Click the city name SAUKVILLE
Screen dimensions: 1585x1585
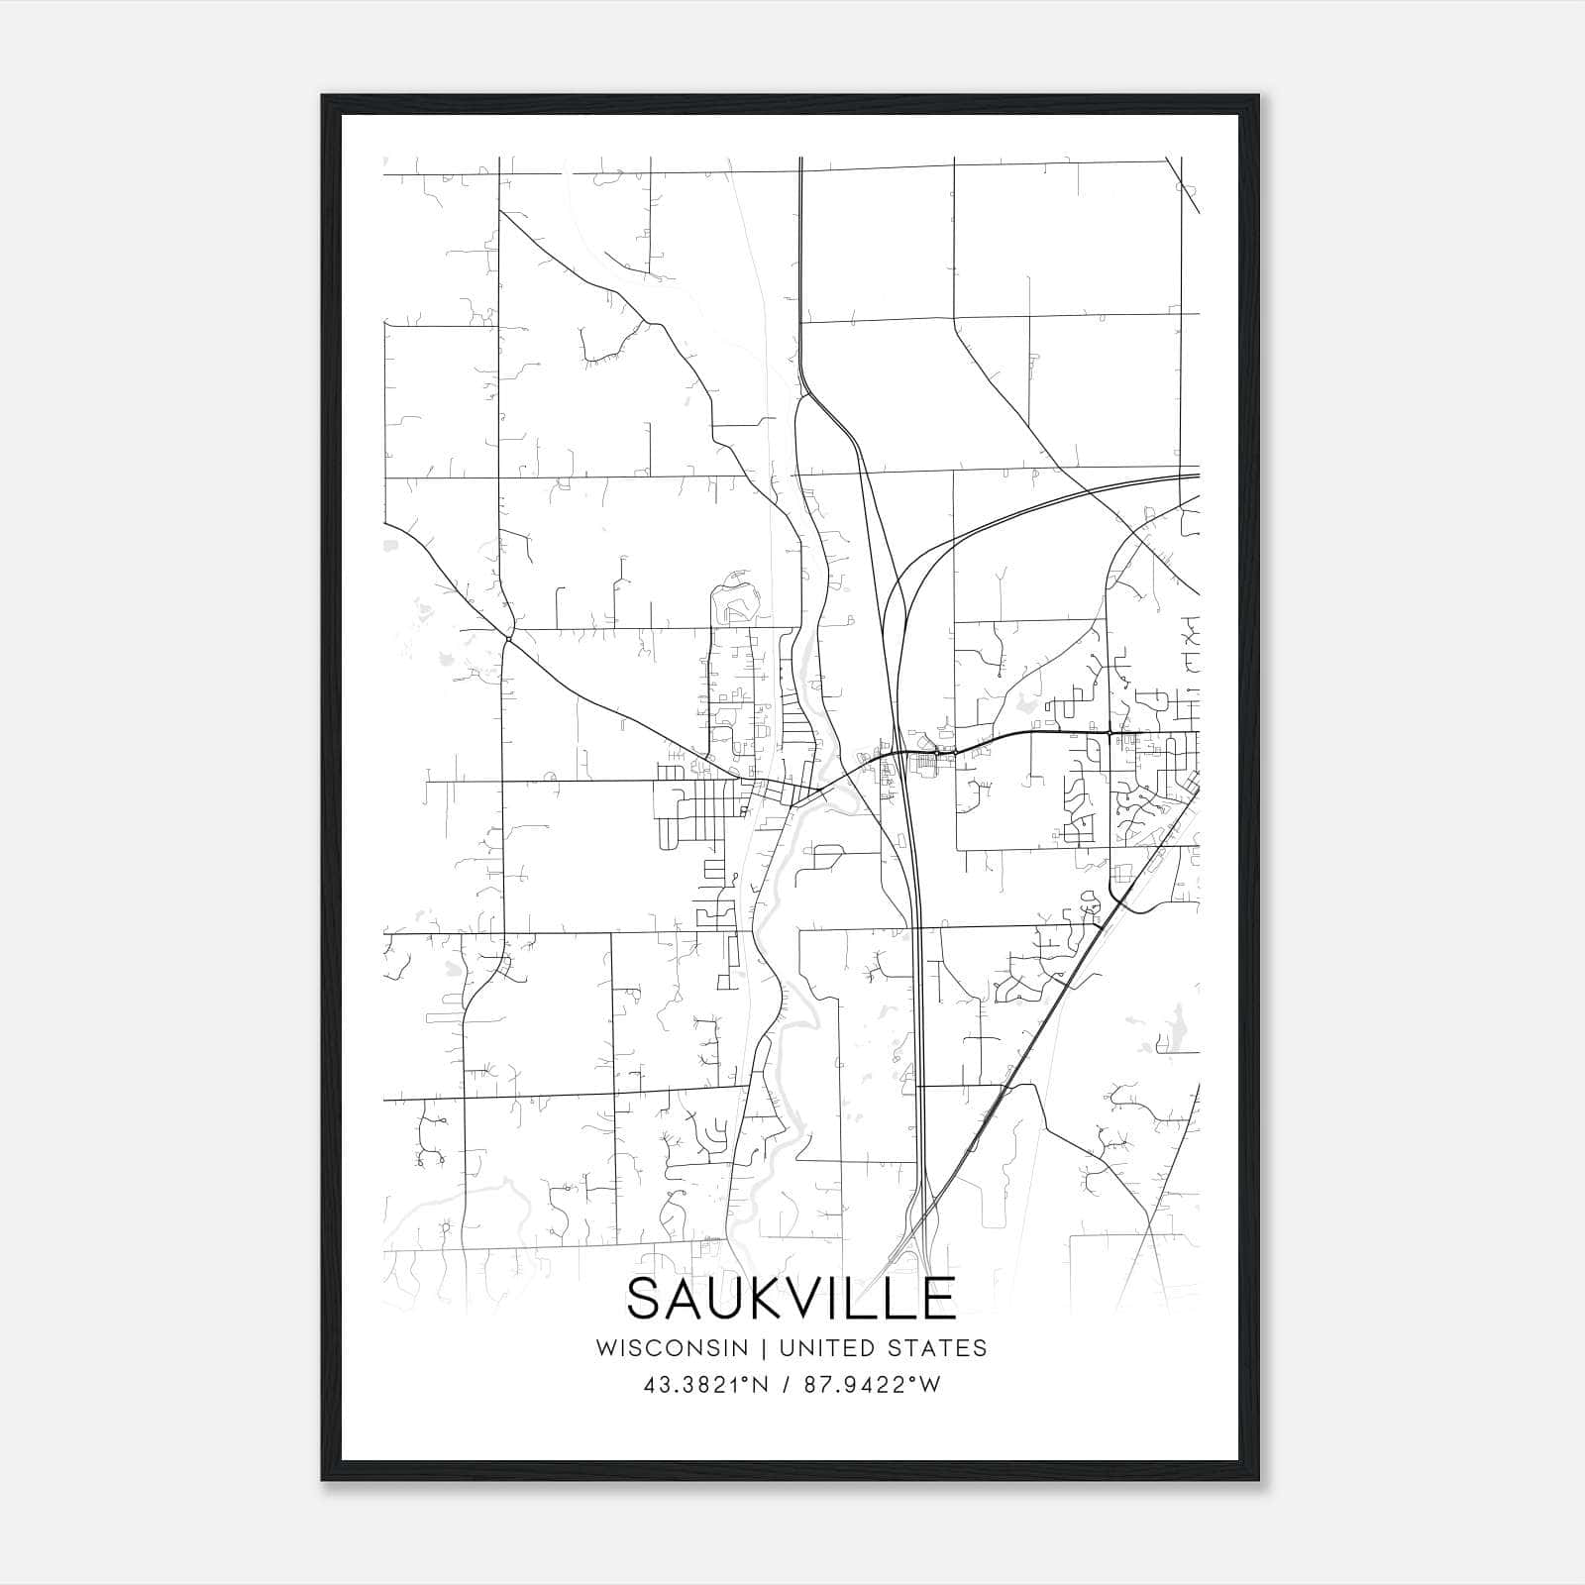point(791,1298)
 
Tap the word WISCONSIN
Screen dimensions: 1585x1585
point(679,1348)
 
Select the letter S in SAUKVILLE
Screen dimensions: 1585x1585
point(645,1298)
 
